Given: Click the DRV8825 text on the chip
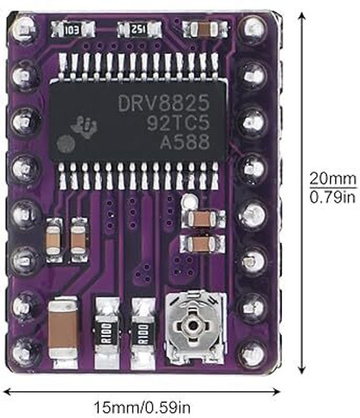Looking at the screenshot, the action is click(163, 103).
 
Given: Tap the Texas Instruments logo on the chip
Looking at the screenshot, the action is click(84, 127).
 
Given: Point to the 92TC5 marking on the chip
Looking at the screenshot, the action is click(178, 123).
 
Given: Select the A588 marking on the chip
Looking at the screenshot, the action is click(184, 142).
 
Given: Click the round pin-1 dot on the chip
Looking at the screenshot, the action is click(64, 145).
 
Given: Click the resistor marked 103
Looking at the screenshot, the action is click(73, 29).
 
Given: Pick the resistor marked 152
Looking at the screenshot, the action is click(139, 29).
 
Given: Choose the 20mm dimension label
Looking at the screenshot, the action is click(332, 179).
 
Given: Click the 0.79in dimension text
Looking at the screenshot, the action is click(333, 197).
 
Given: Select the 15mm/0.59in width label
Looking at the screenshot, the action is click(142, 408).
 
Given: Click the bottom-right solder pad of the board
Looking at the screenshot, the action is click(253, 354).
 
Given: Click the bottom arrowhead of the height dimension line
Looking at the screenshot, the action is click(301, 371).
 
